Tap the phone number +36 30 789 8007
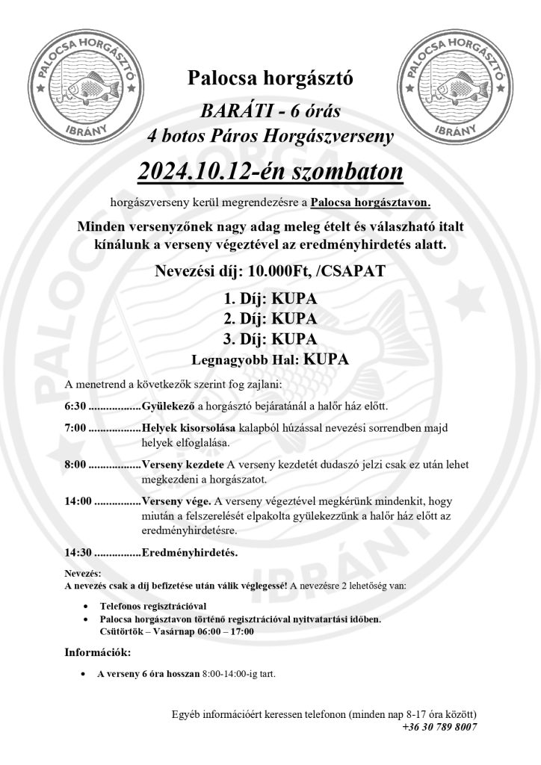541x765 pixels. coord(439,726)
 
